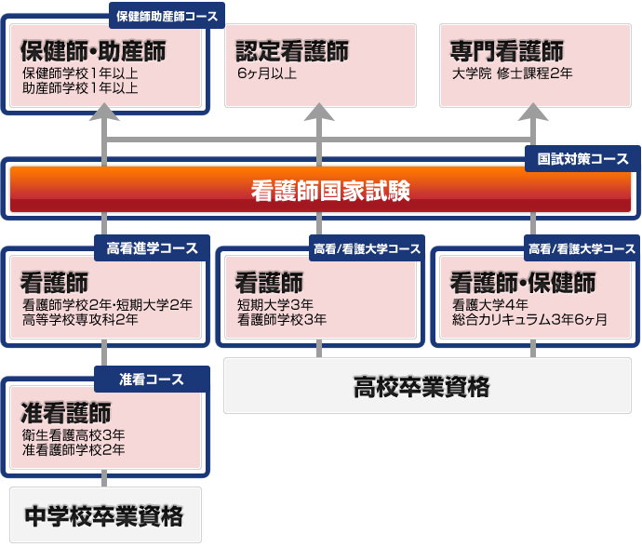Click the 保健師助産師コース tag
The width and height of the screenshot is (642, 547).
tap(168, 16)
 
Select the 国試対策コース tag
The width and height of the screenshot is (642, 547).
tap(582, 159)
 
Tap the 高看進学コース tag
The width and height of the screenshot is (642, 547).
tap(153, 248)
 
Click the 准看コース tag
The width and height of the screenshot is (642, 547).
tap(153, 380)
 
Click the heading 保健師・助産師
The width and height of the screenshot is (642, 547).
tap(92, 51)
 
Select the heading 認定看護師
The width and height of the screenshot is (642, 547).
tap(292, 51)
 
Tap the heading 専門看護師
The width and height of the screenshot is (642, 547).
tap(506, 51)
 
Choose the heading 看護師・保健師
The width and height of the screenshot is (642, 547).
tap(522, 282)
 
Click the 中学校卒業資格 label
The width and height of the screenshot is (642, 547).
tap(103, 514)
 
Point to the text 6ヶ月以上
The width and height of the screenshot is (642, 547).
tap(267, 73)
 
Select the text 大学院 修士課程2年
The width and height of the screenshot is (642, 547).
tap(512, 73)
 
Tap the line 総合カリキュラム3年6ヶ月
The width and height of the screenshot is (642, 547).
tap(529, 320)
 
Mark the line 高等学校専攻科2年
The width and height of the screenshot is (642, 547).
tap(80, 320)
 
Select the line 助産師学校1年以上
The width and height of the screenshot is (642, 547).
tap(80, 88)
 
